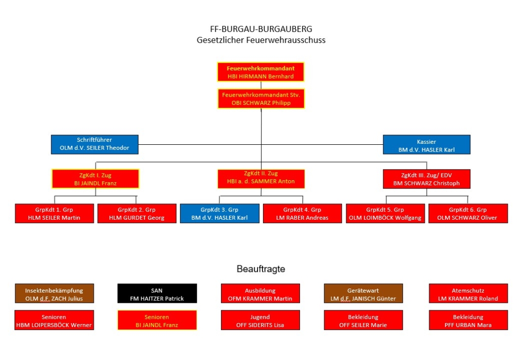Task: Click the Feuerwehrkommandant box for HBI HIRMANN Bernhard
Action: click(x=260, y=72)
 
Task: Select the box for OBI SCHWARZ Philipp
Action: click(x=260, y=99)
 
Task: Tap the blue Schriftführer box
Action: click(x=95, y=144)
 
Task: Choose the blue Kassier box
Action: click(x=426, y=144)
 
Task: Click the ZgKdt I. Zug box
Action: click(x=95, y=178)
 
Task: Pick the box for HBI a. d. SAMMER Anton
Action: click(x=261, y=178)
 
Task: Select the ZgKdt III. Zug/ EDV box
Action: click(x=426, y=178)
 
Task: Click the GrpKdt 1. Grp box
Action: click(x=54, y=214)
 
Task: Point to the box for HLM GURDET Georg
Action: click(x=137, y=214)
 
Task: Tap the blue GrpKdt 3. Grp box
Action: click(x=219, y=214)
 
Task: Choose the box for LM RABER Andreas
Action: click(x=303, y=214)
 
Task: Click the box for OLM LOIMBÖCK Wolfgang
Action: click(x=385, y=214)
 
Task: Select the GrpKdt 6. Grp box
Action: click(x=468, y=214)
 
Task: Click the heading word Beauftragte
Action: click(x=260, y=269)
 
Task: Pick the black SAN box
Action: click(x=157, y=294)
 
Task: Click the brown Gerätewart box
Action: click(x=363, y=294)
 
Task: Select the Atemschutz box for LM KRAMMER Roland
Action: click(x=468, y=294)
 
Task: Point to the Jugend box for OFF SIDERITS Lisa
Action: click(x=260, y=321)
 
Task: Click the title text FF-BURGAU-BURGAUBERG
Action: click(x=260, y=29)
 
